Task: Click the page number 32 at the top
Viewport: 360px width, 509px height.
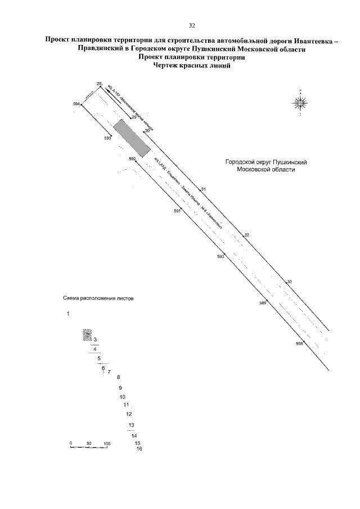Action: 192,26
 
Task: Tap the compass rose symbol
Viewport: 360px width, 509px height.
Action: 300,102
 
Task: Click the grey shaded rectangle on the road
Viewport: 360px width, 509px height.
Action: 132,137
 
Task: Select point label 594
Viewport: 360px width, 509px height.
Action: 76,105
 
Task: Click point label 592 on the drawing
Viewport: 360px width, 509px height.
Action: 132,159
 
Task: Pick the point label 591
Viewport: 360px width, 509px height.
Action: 177,211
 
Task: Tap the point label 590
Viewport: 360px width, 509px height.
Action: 220,256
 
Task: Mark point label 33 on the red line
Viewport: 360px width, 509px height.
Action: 290,281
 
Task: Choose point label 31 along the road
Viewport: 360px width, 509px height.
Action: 204,188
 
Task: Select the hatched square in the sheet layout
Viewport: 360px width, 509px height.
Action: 86,335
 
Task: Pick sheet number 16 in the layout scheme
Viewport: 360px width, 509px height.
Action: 140,449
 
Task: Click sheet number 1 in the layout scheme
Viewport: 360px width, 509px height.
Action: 68,313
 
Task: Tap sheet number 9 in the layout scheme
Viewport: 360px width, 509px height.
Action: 120,388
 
